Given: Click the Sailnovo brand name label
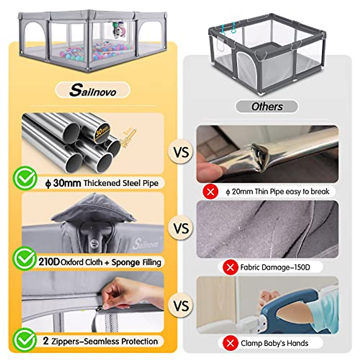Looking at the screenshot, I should [92, 90].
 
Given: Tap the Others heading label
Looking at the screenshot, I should [267, 106].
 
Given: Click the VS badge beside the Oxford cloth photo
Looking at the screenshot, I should [181, 229].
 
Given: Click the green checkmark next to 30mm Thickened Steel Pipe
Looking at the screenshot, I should [25, 178].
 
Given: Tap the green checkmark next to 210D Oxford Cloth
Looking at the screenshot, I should [25, 258].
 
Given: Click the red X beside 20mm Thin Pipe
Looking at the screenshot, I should [211, 191].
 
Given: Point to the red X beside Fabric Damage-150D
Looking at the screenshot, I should [230, 267].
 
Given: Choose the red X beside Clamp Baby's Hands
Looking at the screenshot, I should [230, 343].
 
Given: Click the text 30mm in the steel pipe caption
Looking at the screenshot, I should [67, 183].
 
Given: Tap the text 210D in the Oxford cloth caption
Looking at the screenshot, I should [49, 262].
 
